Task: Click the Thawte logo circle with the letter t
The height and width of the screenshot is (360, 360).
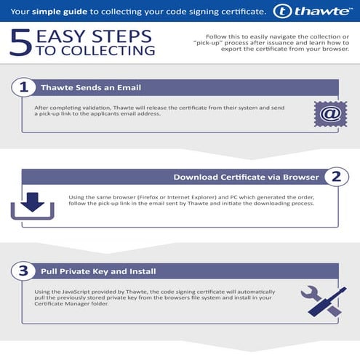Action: pos(282,12)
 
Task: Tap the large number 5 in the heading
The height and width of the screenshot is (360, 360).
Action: pos(21,43)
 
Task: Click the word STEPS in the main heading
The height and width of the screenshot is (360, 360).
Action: pos(121,36)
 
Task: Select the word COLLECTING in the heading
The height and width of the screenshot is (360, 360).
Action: pos(108,50)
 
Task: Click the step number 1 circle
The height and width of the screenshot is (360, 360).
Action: pos(23,87)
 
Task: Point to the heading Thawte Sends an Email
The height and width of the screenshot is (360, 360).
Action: pos(91,87)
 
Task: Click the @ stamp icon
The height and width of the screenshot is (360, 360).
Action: pos(331,114)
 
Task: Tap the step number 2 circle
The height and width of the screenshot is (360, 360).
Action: pos(337,177)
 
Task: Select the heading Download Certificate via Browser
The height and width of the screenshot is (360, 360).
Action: pos(246,177)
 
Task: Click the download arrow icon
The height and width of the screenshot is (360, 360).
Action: pos(33,206)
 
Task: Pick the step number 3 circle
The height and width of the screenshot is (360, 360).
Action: pos(23,271)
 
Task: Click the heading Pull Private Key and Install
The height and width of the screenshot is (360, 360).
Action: pos(98,271)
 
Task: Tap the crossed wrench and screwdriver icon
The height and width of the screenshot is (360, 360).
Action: pos(324,301)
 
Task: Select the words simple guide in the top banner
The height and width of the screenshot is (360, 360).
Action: pos(60,12)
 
